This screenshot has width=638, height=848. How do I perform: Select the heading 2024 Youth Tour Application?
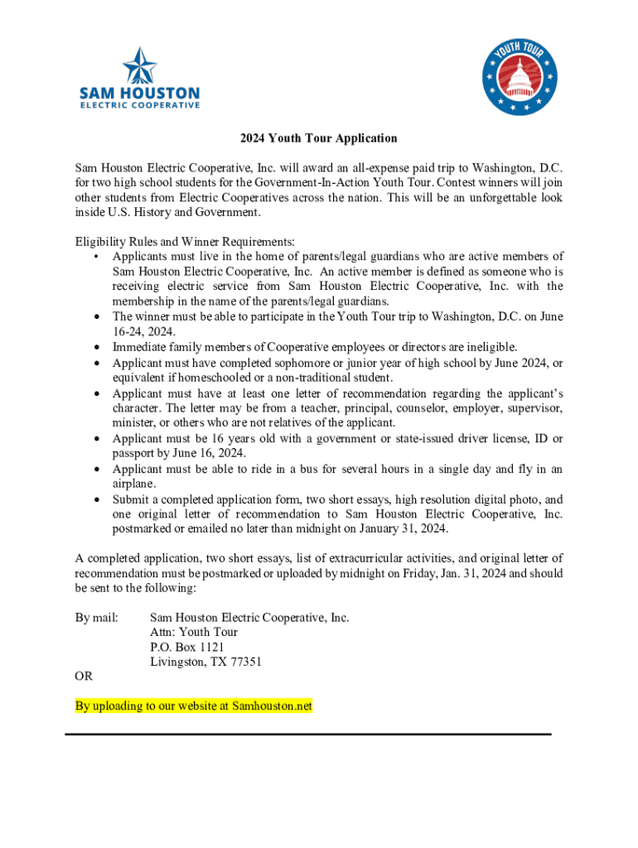click(x=319, y=138)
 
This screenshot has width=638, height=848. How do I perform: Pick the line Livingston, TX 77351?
click(x=205, y=662)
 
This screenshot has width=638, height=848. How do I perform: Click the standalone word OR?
click(x=84, y=677)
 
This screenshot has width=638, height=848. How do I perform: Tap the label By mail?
click(x=96, y=617)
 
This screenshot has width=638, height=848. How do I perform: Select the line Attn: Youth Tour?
click(x=194, y=632)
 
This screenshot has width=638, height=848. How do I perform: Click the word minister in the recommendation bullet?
click(x=134, y=422)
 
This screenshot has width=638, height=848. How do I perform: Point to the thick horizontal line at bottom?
click(x=307, y=734)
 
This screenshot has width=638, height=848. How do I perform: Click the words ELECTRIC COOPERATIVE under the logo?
click(x=139, y=105)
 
